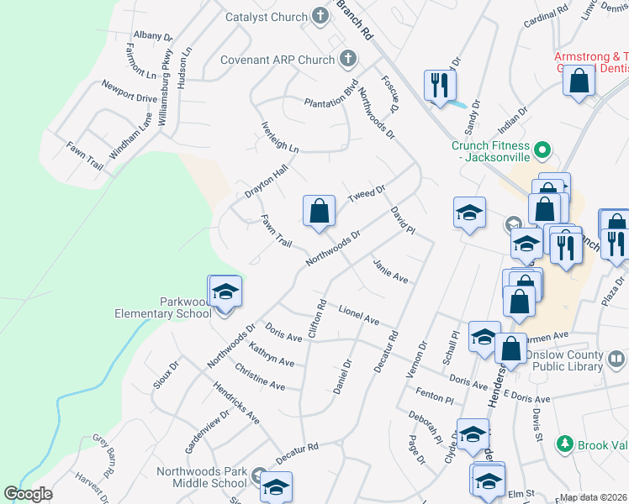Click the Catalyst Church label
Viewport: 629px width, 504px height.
266,16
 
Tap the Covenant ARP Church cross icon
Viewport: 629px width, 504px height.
349,60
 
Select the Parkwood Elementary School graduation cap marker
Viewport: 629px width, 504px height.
225,293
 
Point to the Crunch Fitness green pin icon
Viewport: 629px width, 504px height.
542,151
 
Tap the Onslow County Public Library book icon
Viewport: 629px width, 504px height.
616,360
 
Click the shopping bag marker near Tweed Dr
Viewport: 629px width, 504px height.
319,212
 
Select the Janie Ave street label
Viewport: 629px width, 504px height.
390,271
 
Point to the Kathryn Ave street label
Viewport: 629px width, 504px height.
271,354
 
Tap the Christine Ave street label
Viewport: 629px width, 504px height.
260,376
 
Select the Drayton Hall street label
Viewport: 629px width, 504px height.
266,181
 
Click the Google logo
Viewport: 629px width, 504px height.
29,494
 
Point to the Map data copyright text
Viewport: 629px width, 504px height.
593,497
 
